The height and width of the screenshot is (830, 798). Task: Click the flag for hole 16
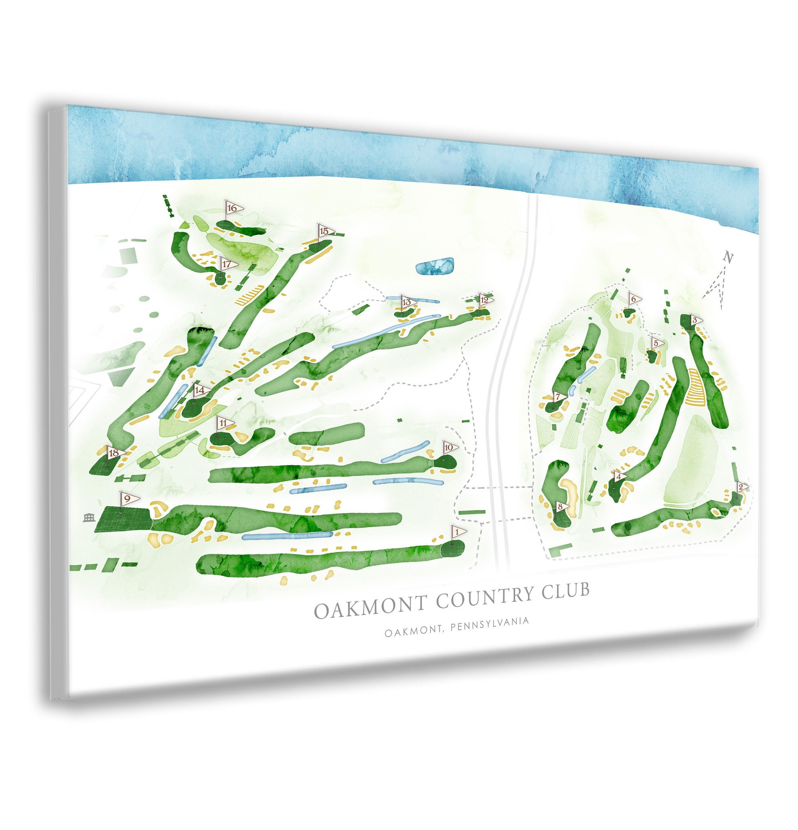coord(233,208)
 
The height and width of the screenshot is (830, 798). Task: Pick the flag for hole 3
coord(695,321)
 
